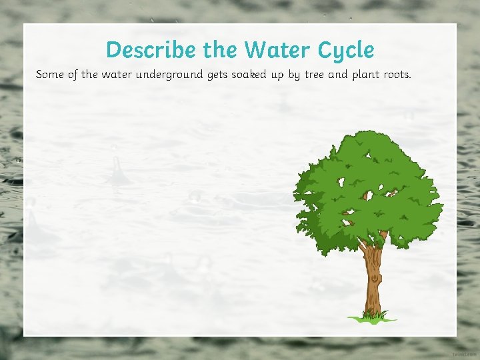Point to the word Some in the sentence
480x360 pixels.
tap(50, 74)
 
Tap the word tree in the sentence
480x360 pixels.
tap(315, 74)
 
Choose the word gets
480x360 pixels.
tap(217, 75)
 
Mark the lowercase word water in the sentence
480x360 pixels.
tap(116, 74)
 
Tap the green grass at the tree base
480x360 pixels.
tap(373, 316)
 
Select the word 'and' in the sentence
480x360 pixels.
tap(338, 74)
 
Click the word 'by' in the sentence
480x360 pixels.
tap(294, 74)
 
